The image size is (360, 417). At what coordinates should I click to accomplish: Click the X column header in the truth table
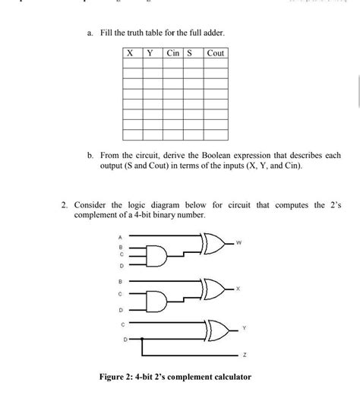(131, 53)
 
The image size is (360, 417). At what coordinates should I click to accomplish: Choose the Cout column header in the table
(215, 53)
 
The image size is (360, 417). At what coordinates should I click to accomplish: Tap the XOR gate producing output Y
(215, 328)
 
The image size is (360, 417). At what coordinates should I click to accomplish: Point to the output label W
(238, 244)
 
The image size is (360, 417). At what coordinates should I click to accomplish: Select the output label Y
(244, 329)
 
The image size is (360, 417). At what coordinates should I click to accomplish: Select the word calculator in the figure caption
(227, 377)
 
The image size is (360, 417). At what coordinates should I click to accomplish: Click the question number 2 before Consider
(65, 205)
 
